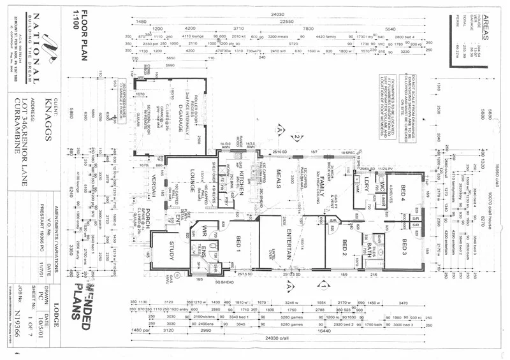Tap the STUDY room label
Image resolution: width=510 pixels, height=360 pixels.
click(x=157, y=247)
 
